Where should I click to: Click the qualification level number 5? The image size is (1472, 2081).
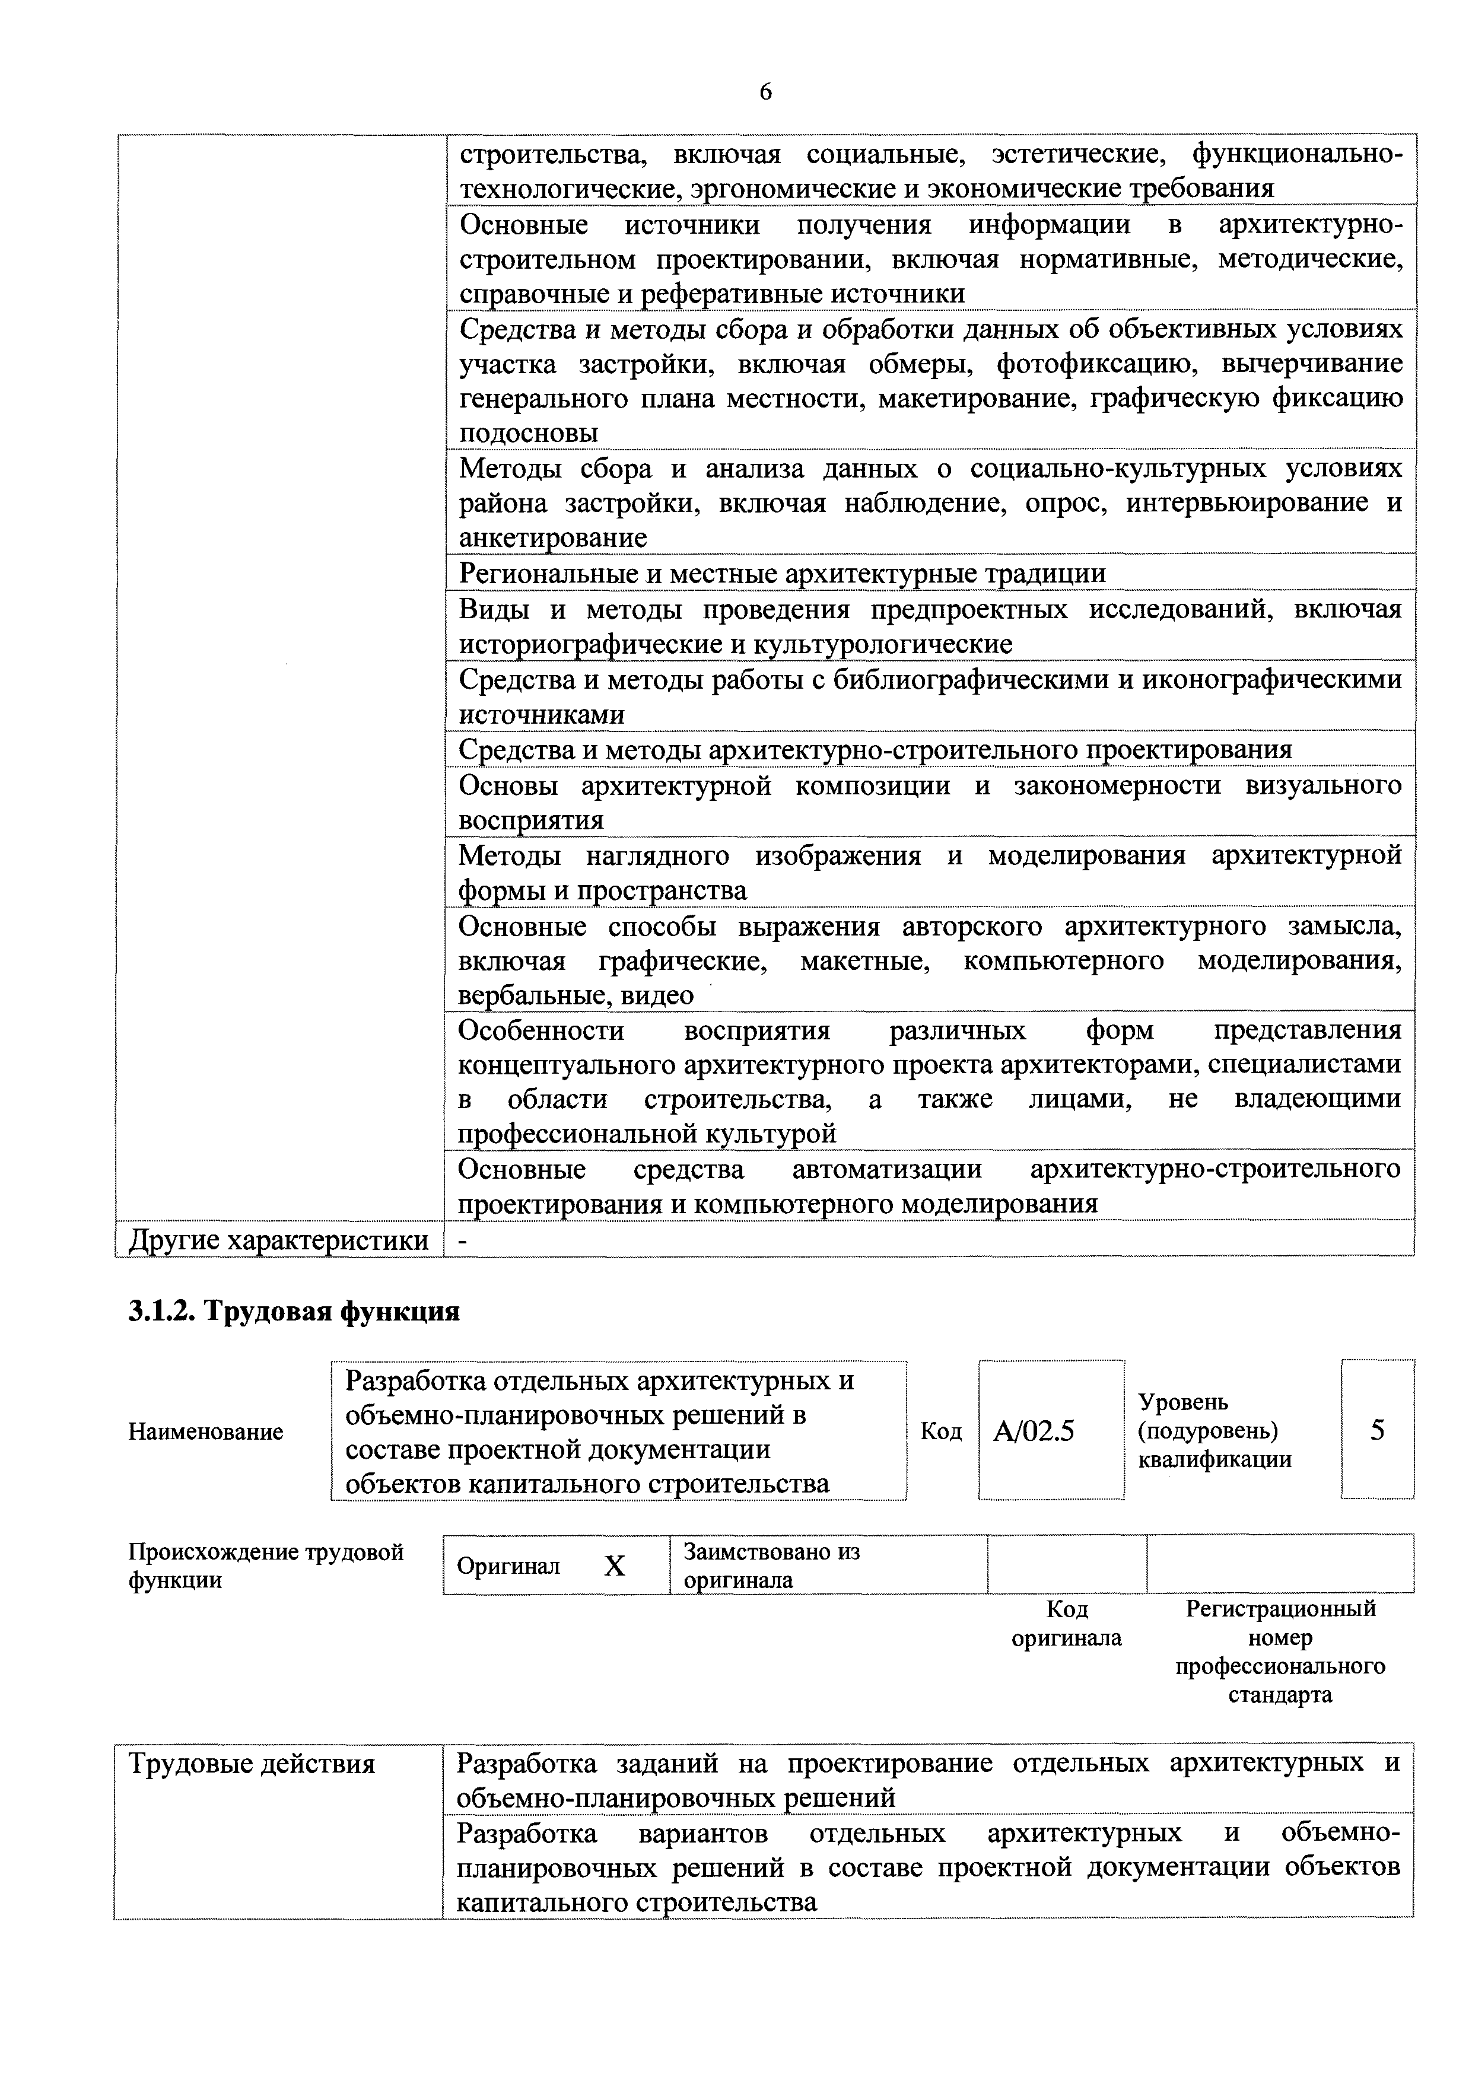coord(1377,1430)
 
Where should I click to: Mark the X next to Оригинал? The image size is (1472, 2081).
coord(615,1566)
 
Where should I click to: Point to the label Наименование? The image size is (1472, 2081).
coord(206,1432)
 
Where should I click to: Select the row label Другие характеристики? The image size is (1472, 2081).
coord(278,1240)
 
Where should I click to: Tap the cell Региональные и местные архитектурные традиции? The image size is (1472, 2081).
coord(781,574)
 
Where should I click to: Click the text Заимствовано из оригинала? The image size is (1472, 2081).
coord(771,1565)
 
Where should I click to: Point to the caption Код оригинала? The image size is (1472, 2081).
coord(1066,1623)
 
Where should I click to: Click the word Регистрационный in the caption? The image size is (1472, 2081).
coord(1280,1609)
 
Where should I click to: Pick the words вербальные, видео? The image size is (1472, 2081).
coord(576,995)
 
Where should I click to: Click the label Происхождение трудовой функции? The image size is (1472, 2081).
coord(266,1566)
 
